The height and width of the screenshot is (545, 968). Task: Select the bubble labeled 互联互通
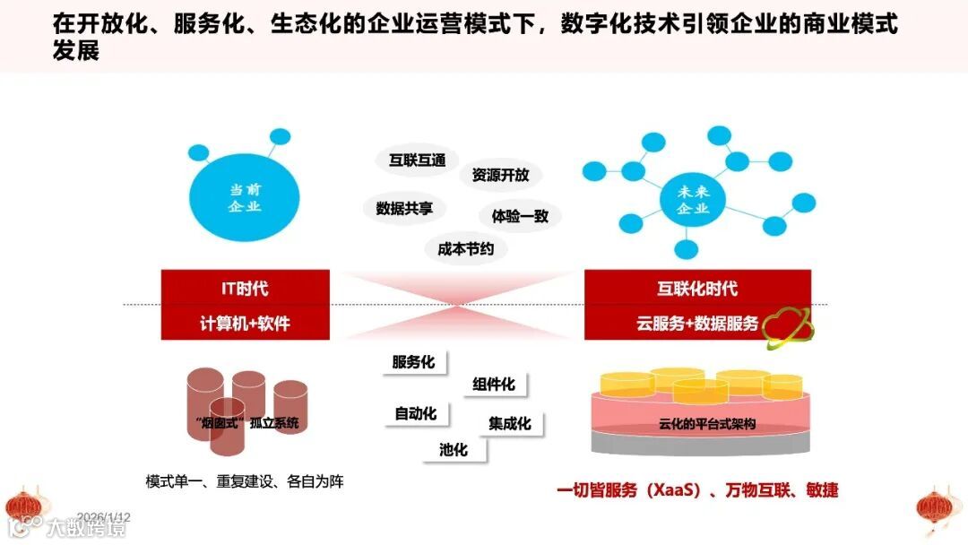pyautogui.click(x=417, y=160)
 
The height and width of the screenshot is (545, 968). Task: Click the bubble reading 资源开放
pyautogui.click(x=500, y=176)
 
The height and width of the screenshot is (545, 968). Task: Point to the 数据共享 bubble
pyautogui.click(x=404, y=208)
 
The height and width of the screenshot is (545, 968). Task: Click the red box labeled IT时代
pyautogui.click(x=245, y=289)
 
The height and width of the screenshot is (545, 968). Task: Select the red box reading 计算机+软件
pyautogui.click(x=245, y=324)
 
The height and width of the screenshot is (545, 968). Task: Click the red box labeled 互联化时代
pyautogui.click(x=697, y=289)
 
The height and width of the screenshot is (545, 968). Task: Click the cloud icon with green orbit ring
pyautogui.click(x=788, y=325)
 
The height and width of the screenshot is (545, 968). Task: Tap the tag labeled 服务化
pyautogui.click(x=413, y=362)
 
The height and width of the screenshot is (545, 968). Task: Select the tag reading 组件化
pyautogui.click(x=494, y=385)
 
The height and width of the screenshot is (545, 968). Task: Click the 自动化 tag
pyautogui.click(x=416, y=413)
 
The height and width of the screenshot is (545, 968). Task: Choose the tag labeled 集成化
pyautogui.click(x=510, y=423)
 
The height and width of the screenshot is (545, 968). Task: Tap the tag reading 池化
pyautogui.click(x=454, y=449)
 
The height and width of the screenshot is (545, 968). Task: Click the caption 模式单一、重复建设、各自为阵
pyautogui.click(x=245, y=481)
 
